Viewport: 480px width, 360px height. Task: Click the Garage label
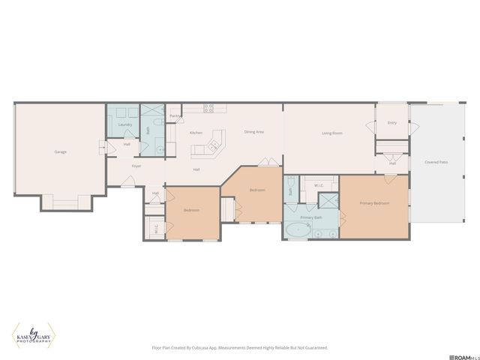60,152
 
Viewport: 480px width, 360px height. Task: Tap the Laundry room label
124,124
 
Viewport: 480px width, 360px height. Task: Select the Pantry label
175,116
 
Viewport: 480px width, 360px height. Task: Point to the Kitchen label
196,133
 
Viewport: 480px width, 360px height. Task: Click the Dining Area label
253,132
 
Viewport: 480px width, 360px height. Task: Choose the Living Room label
332,133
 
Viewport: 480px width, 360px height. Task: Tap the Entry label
391,123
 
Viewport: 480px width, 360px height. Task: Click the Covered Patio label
436,162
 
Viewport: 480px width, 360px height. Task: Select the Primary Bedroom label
373,203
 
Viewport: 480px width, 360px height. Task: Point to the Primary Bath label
311,217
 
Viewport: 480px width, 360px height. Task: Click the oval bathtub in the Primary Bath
296,230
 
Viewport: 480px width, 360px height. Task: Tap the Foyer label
136,166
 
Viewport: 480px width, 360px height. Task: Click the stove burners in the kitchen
209,108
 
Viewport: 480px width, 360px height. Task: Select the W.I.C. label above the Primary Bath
318,185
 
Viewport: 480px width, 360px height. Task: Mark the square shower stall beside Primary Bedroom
328,200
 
